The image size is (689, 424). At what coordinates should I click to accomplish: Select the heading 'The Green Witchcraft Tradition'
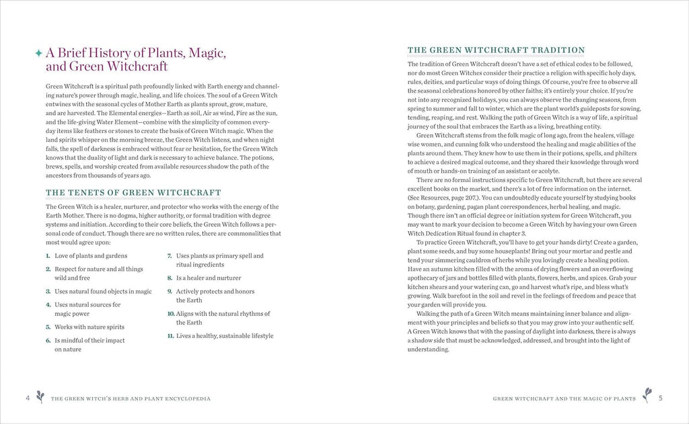click(x=497, y=50)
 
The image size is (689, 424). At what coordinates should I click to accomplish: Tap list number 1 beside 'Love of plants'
click(x=48, y=256)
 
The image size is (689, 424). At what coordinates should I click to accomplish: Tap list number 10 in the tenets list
click(x=171, y=314)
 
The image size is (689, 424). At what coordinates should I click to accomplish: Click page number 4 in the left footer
click(x=28, y=398)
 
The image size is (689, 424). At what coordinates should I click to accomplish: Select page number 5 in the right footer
click(x=661, y=398)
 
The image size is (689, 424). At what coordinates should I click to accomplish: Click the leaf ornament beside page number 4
click(x=41, y=397)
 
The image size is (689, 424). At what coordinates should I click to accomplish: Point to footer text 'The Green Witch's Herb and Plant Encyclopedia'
click(x=131, y=398)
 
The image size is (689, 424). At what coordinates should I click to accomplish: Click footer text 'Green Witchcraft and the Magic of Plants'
click(x=565, y=398)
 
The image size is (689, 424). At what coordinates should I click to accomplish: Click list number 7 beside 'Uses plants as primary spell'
click(x=170, y=256)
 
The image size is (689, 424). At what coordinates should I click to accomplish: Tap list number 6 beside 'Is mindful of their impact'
click(x=48, y=341)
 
